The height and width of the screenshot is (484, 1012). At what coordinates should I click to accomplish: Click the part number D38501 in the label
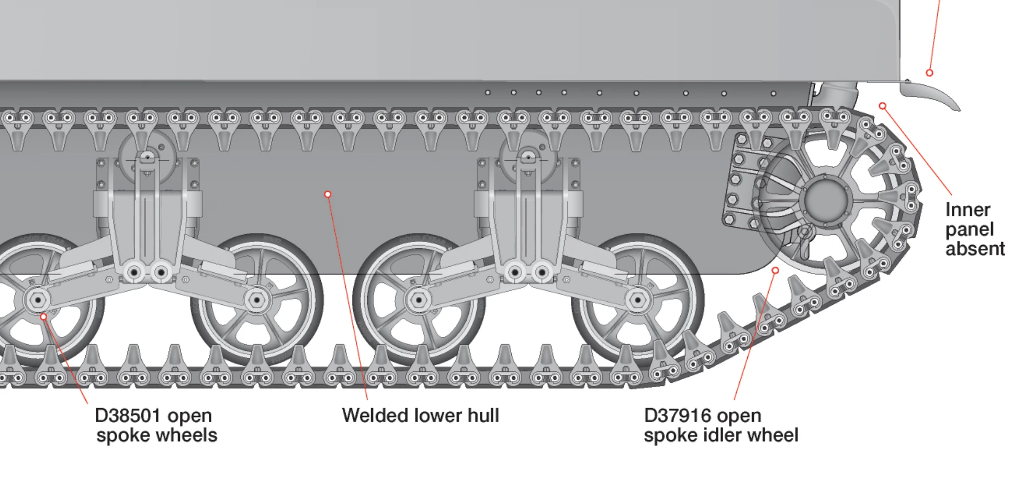128,416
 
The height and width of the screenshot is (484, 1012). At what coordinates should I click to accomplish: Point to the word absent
974,248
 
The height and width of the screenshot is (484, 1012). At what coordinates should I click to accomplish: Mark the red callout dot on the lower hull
328,194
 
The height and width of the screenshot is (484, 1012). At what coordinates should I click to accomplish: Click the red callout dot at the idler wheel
775,270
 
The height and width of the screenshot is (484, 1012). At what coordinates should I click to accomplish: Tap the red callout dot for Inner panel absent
883,106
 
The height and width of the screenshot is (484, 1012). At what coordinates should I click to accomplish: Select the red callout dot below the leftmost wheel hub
43,316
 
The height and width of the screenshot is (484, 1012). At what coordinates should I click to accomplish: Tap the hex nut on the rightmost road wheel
637,301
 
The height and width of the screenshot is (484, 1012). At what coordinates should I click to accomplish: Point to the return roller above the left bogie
147,156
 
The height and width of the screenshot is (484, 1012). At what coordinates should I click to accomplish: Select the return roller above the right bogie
528,156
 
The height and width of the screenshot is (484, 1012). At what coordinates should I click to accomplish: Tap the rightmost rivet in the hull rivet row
774,94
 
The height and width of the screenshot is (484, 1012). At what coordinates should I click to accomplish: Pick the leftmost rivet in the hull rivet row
488,93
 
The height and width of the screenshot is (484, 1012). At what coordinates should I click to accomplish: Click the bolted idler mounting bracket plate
741,181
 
